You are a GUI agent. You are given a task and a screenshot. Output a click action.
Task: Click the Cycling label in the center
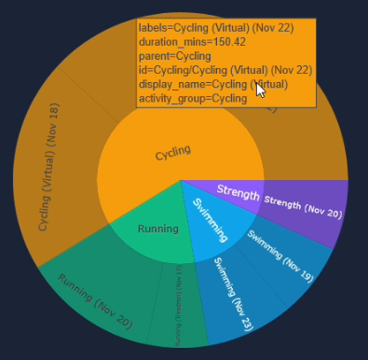tap(172, 152)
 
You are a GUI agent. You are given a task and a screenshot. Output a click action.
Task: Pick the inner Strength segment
tap(238, 192)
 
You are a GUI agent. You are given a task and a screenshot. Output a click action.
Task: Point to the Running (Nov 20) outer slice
tap(93, 293)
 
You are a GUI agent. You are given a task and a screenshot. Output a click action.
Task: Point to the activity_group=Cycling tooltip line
tap(193, 98)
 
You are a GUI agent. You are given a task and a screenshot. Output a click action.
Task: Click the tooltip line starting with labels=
tap(210, 28)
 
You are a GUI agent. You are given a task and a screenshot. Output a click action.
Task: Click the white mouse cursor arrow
tap(261, 90)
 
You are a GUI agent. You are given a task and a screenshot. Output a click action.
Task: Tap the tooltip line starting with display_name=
tap(212, 84)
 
